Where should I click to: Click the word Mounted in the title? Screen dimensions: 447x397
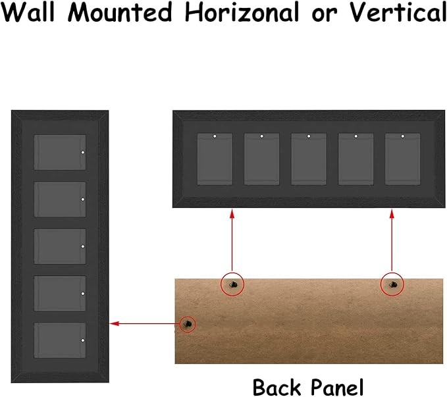(120, 13)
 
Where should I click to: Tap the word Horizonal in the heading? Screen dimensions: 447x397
(242, 12)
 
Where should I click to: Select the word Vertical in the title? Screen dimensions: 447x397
(398, 13)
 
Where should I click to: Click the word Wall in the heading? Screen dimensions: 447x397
(28, 12)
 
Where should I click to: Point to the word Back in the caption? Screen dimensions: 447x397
(277, 387)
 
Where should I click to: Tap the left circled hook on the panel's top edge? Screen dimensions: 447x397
(232, 284)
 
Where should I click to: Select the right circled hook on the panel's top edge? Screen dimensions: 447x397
(392, 284)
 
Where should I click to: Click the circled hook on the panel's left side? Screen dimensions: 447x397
(188, 324)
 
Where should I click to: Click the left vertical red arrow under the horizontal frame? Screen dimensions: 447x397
(232, 240)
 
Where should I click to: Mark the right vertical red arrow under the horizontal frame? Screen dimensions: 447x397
(392, 240)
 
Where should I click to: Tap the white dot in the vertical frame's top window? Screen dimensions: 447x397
(83, 152)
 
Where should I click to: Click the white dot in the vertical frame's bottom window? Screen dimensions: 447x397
(83, 340)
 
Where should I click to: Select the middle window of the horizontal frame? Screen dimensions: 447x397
(309, 159)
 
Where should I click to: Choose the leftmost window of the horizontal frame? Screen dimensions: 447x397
(215, 159)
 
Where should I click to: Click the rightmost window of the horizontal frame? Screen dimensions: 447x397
(402, 159)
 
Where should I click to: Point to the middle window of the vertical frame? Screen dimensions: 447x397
(60, 246)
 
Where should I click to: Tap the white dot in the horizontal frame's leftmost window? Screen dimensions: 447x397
(215, 136)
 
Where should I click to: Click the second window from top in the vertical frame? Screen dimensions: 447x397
(60, 199)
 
